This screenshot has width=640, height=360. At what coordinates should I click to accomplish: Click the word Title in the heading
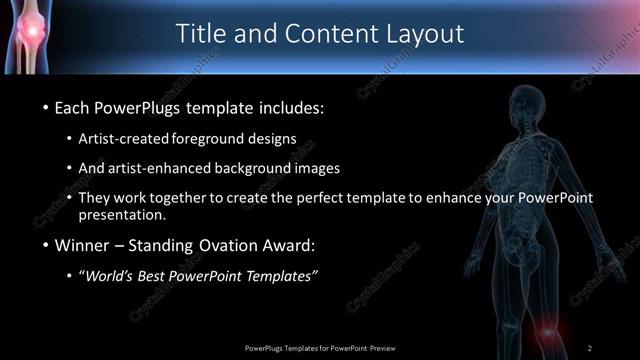pyautogui.click(x=203, y=33)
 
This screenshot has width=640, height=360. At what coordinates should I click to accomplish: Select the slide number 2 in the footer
pyautogui.click(x=590, y=347)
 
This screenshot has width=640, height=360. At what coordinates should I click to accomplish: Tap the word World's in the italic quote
pyautogui.click(x=114, y=275)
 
